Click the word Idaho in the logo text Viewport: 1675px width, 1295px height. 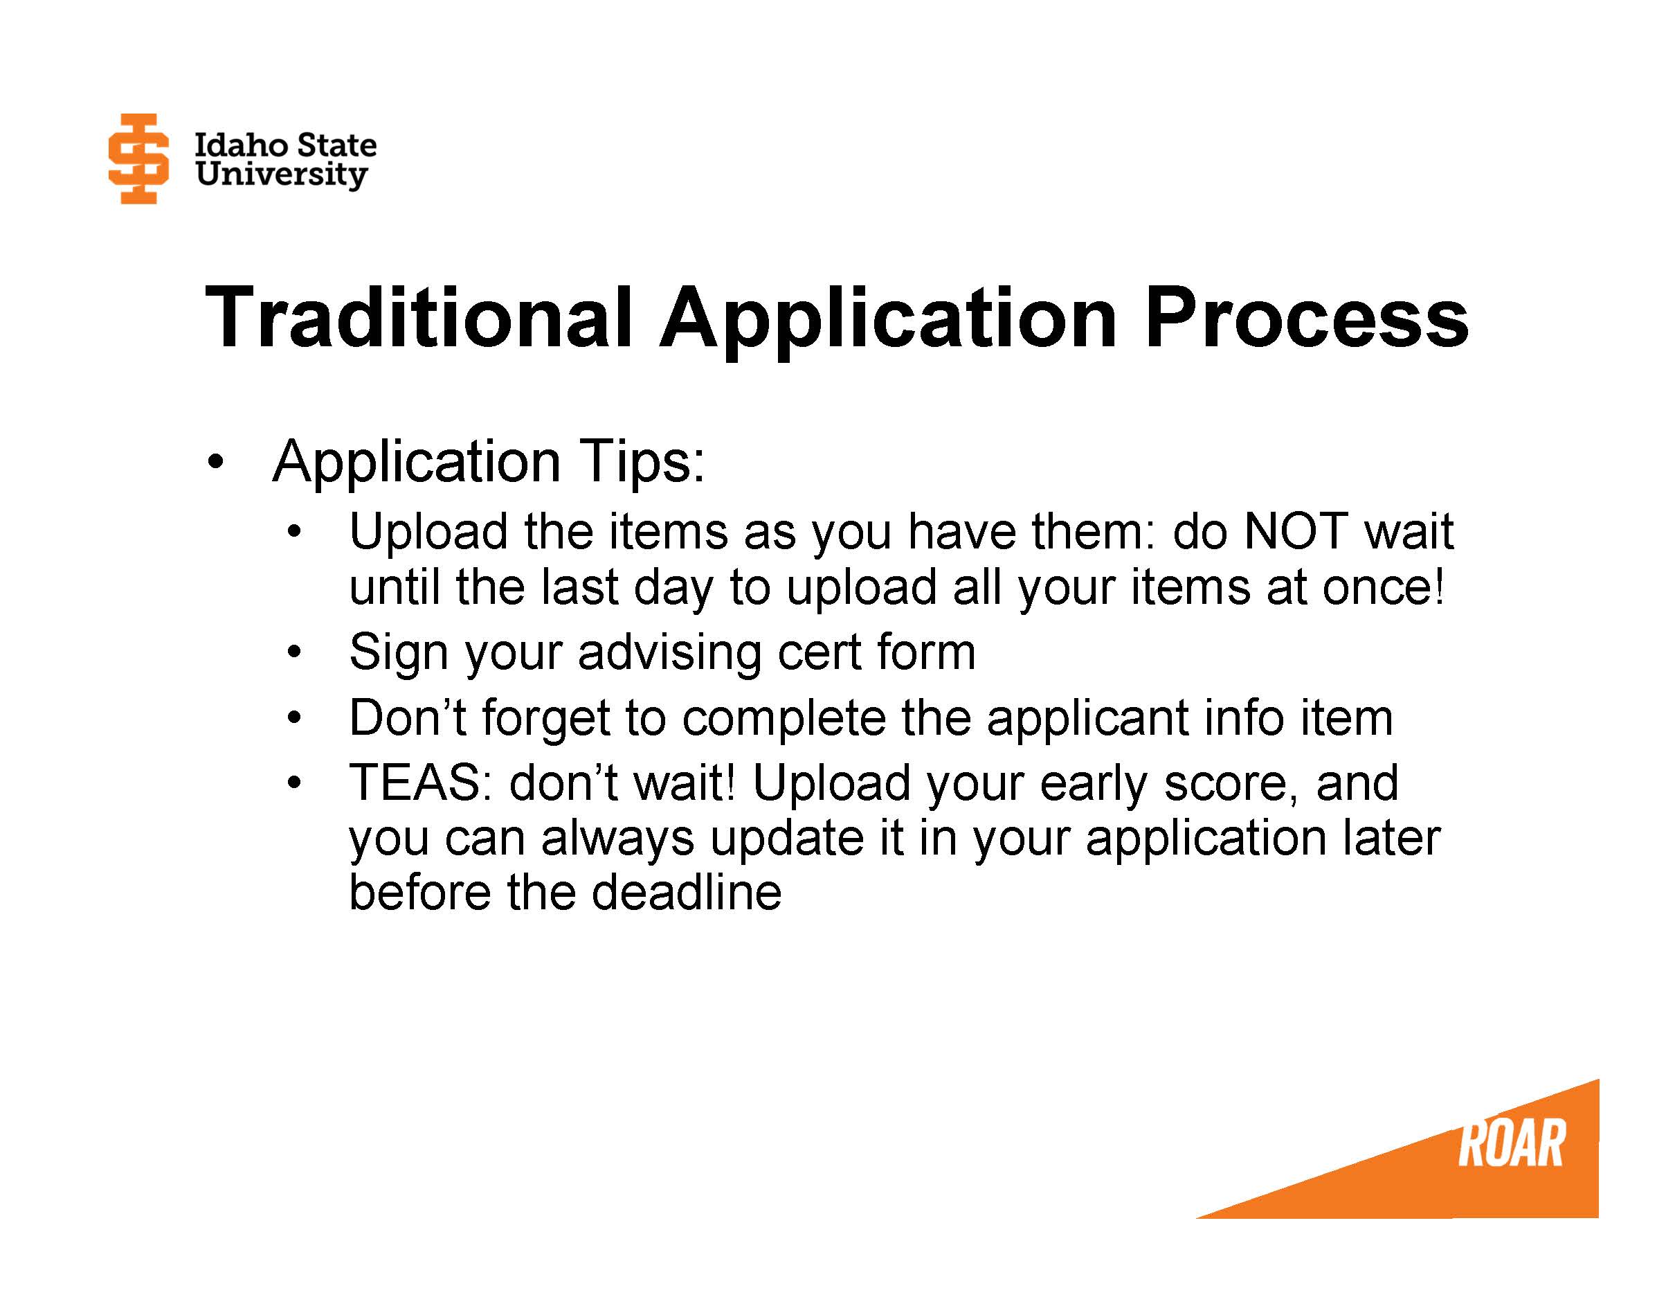[x=242, y=145]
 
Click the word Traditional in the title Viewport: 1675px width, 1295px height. [x=419, y=317]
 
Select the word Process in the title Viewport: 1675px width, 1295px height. [x=1305, y=317]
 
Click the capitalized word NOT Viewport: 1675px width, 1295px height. [x=1294, y=531]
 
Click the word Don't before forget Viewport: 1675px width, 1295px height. [x=407, y=718]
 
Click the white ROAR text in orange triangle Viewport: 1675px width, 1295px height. [x=1510, y=1144]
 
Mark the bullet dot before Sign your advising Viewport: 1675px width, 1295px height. [x=294, y=654]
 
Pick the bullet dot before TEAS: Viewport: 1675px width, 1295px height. [x=294, y=783]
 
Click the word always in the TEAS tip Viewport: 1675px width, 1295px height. [x=617, y=838]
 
